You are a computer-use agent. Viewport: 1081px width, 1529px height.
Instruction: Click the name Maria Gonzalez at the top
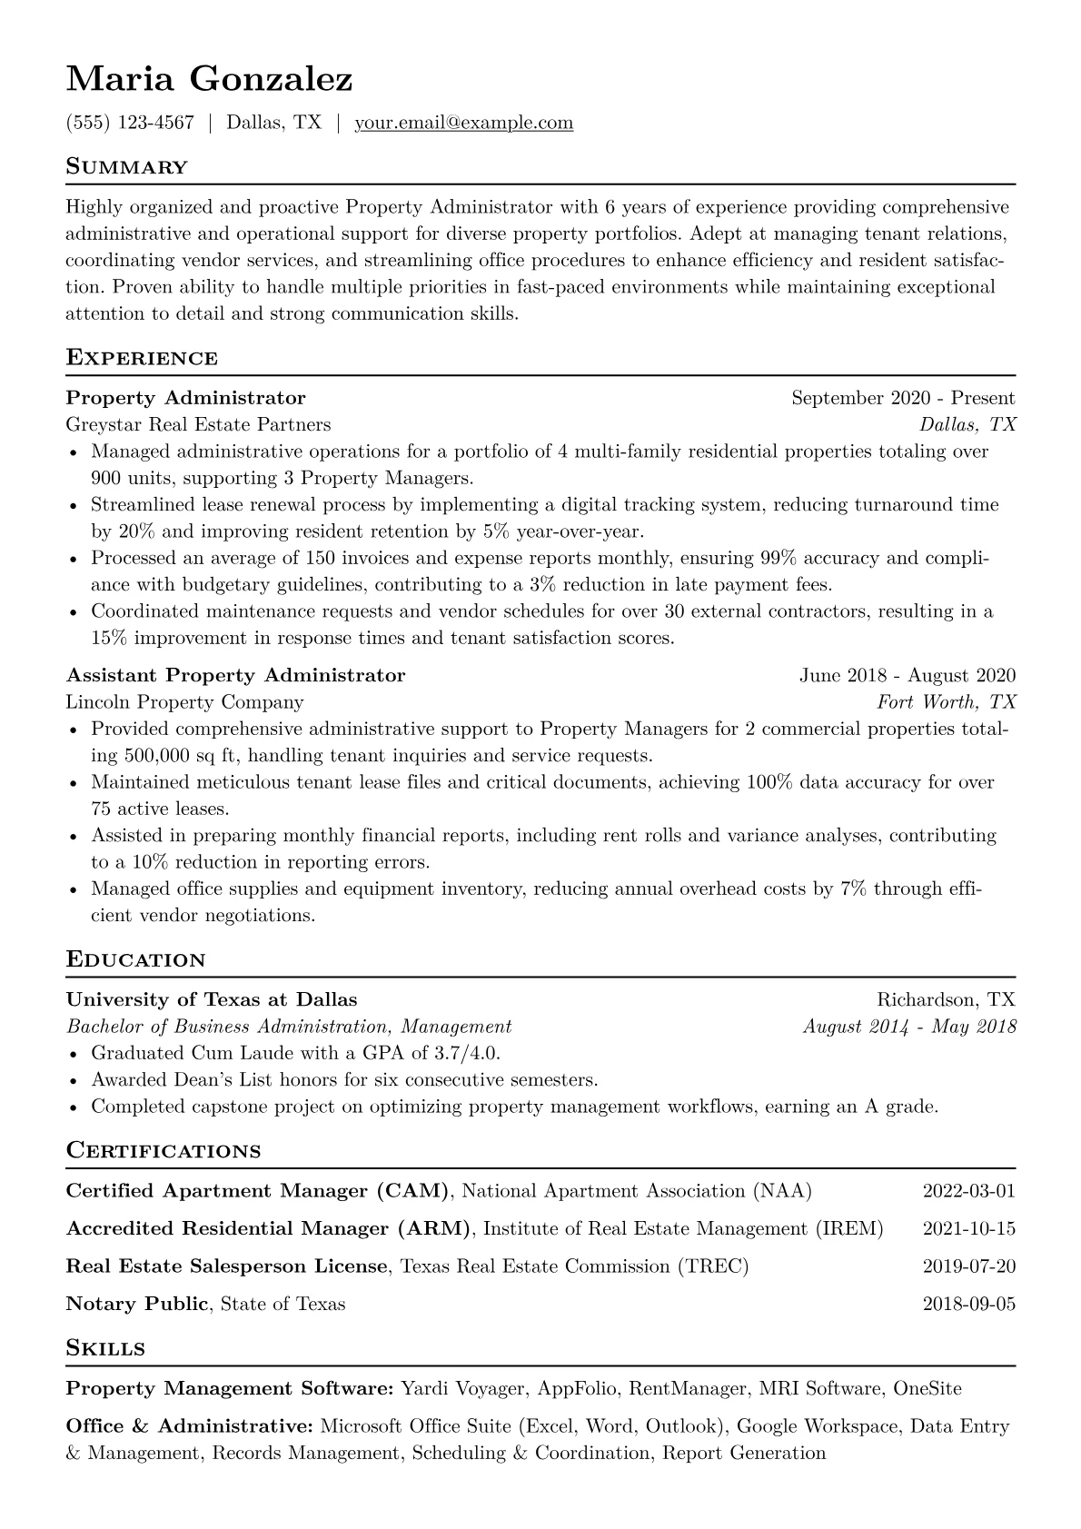[209, 80]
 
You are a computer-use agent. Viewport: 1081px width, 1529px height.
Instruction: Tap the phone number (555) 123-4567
[130, 123]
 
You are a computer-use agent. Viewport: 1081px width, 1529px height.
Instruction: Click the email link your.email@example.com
[463, 123]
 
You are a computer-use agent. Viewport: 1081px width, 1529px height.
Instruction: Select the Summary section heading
[127, 167]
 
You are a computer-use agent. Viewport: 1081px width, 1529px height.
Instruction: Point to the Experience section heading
[142, 358]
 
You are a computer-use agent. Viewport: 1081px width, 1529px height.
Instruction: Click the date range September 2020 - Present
[903, 398]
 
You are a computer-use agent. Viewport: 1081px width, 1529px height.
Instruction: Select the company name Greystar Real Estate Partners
[198, 424]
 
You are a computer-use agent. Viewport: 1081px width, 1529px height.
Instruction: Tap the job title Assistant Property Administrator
[235, 675]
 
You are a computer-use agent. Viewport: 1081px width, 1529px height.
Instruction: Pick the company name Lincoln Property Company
[184, 702]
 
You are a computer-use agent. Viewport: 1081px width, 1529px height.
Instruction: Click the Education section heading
[136, 960]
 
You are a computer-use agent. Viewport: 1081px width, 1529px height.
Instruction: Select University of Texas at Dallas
[212, 1000]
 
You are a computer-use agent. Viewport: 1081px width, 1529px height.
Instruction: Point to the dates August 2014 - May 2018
[909, 1027]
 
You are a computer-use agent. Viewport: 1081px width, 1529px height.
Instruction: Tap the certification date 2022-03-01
[968, 1191]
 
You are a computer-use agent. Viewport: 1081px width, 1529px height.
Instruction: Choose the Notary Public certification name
[137, 1305]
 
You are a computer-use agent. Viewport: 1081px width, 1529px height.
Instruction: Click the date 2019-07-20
[968, 1266]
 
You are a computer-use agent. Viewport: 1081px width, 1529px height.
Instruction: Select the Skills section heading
[105, 1349]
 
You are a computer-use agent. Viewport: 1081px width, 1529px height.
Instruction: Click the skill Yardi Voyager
[463, 1389]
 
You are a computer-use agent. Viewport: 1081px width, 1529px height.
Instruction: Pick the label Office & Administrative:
[190, 1426]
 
